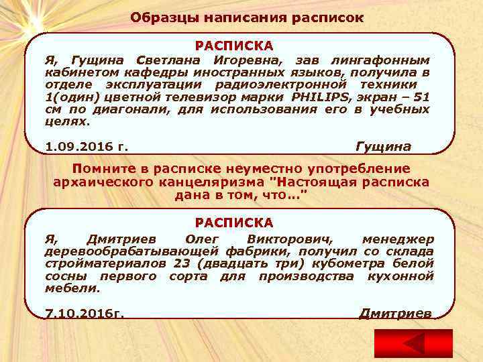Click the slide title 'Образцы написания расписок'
(x=247, y=17)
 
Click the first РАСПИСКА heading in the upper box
(x=234, y=46)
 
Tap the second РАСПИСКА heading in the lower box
(x=234, y=222)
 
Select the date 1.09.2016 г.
(x=87, y=146)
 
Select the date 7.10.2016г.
(x=85, y=313)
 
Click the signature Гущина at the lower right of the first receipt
(x=383, y=146)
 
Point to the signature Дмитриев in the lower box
(x=396, y=313)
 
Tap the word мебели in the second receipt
(x=72, y=288)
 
